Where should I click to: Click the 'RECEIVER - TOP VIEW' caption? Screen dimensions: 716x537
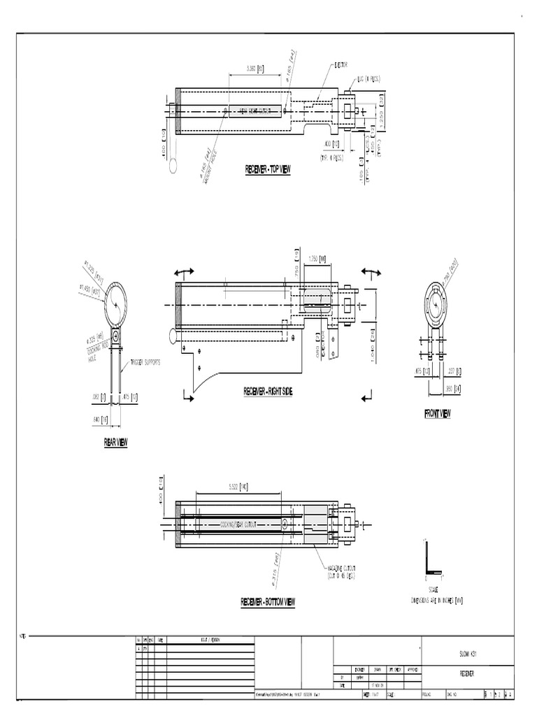267,169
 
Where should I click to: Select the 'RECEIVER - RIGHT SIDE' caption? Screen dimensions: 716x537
268,392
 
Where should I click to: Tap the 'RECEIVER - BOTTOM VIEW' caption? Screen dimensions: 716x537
268,602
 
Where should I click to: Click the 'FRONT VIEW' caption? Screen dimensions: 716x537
437,413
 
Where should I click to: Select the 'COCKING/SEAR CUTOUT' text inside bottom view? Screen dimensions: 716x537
238,523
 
